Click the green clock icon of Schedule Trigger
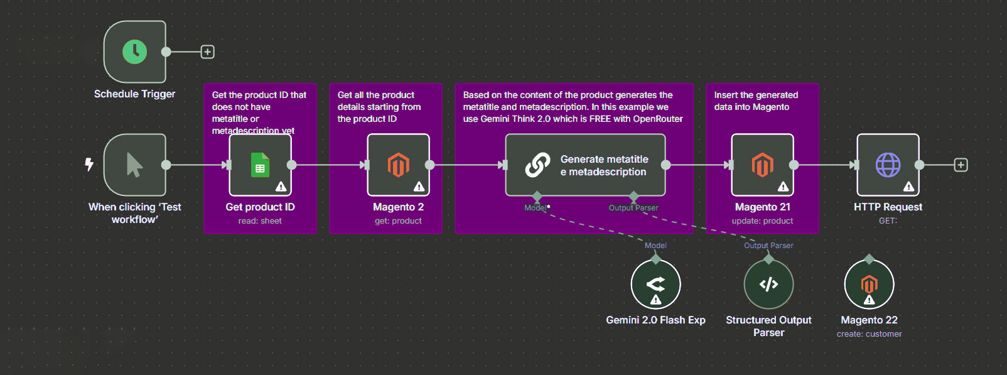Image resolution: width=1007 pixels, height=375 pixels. click(134, 52)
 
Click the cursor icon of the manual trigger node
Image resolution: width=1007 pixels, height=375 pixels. click(134, 165)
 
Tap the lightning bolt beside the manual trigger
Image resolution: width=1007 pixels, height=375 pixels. click(89, 165)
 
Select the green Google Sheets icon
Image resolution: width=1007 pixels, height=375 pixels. click(260, 165)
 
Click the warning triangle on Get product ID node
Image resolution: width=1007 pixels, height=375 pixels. click(281, 187)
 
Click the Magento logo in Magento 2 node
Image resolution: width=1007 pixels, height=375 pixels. click(398, 165)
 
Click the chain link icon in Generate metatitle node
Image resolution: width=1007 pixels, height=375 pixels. click(537, 165)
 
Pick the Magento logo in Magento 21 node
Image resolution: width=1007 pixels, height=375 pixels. click(762, 165)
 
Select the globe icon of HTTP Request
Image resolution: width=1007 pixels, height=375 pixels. click(888, 165)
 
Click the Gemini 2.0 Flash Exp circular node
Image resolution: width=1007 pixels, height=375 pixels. click(655, 284)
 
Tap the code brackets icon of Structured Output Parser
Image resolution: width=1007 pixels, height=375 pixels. click(768, 285)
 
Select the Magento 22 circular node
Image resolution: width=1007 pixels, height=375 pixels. click(869, 285)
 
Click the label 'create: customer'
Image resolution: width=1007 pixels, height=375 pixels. click(869, 334)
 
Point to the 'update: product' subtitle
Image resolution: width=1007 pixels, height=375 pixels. click(762, 221)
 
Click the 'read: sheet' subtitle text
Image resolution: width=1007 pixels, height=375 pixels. click(260, 221)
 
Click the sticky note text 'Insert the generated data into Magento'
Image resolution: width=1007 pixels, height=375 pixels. click(756, 101)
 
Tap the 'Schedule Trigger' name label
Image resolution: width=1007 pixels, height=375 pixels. click(134, 94)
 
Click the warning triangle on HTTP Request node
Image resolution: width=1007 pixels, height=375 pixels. click(908, 187)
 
